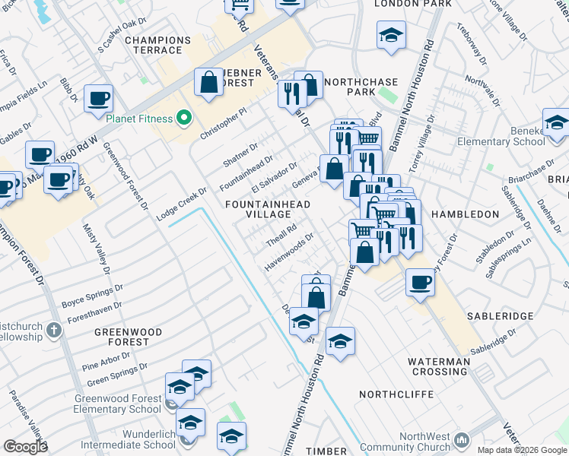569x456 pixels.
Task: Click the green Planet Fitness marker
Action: (x=182, y=118)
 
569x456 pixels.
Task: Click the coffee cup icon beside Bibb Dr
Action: (x=97, y=99)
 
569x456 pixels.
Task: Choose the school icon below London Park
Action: (x=391, y=35)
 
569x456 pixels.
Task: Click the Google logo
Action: (x=25, y=447)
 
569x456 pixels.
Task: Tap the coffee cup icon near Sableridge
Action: (x=419, y=283)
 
